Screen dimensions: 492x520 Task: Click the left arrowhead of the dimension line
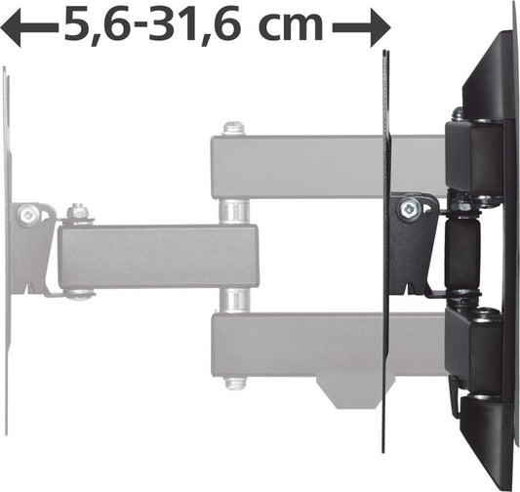[12, 28]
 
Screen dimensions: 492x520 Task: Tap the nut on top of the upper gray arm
[233, 128]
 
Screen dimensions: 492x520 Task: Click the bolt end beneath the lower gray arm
[234, 384]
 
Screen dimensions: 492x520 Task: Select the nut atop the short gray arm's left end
[78, 212]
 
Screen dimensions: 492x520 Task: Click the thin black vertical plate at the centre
[386, 293]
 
